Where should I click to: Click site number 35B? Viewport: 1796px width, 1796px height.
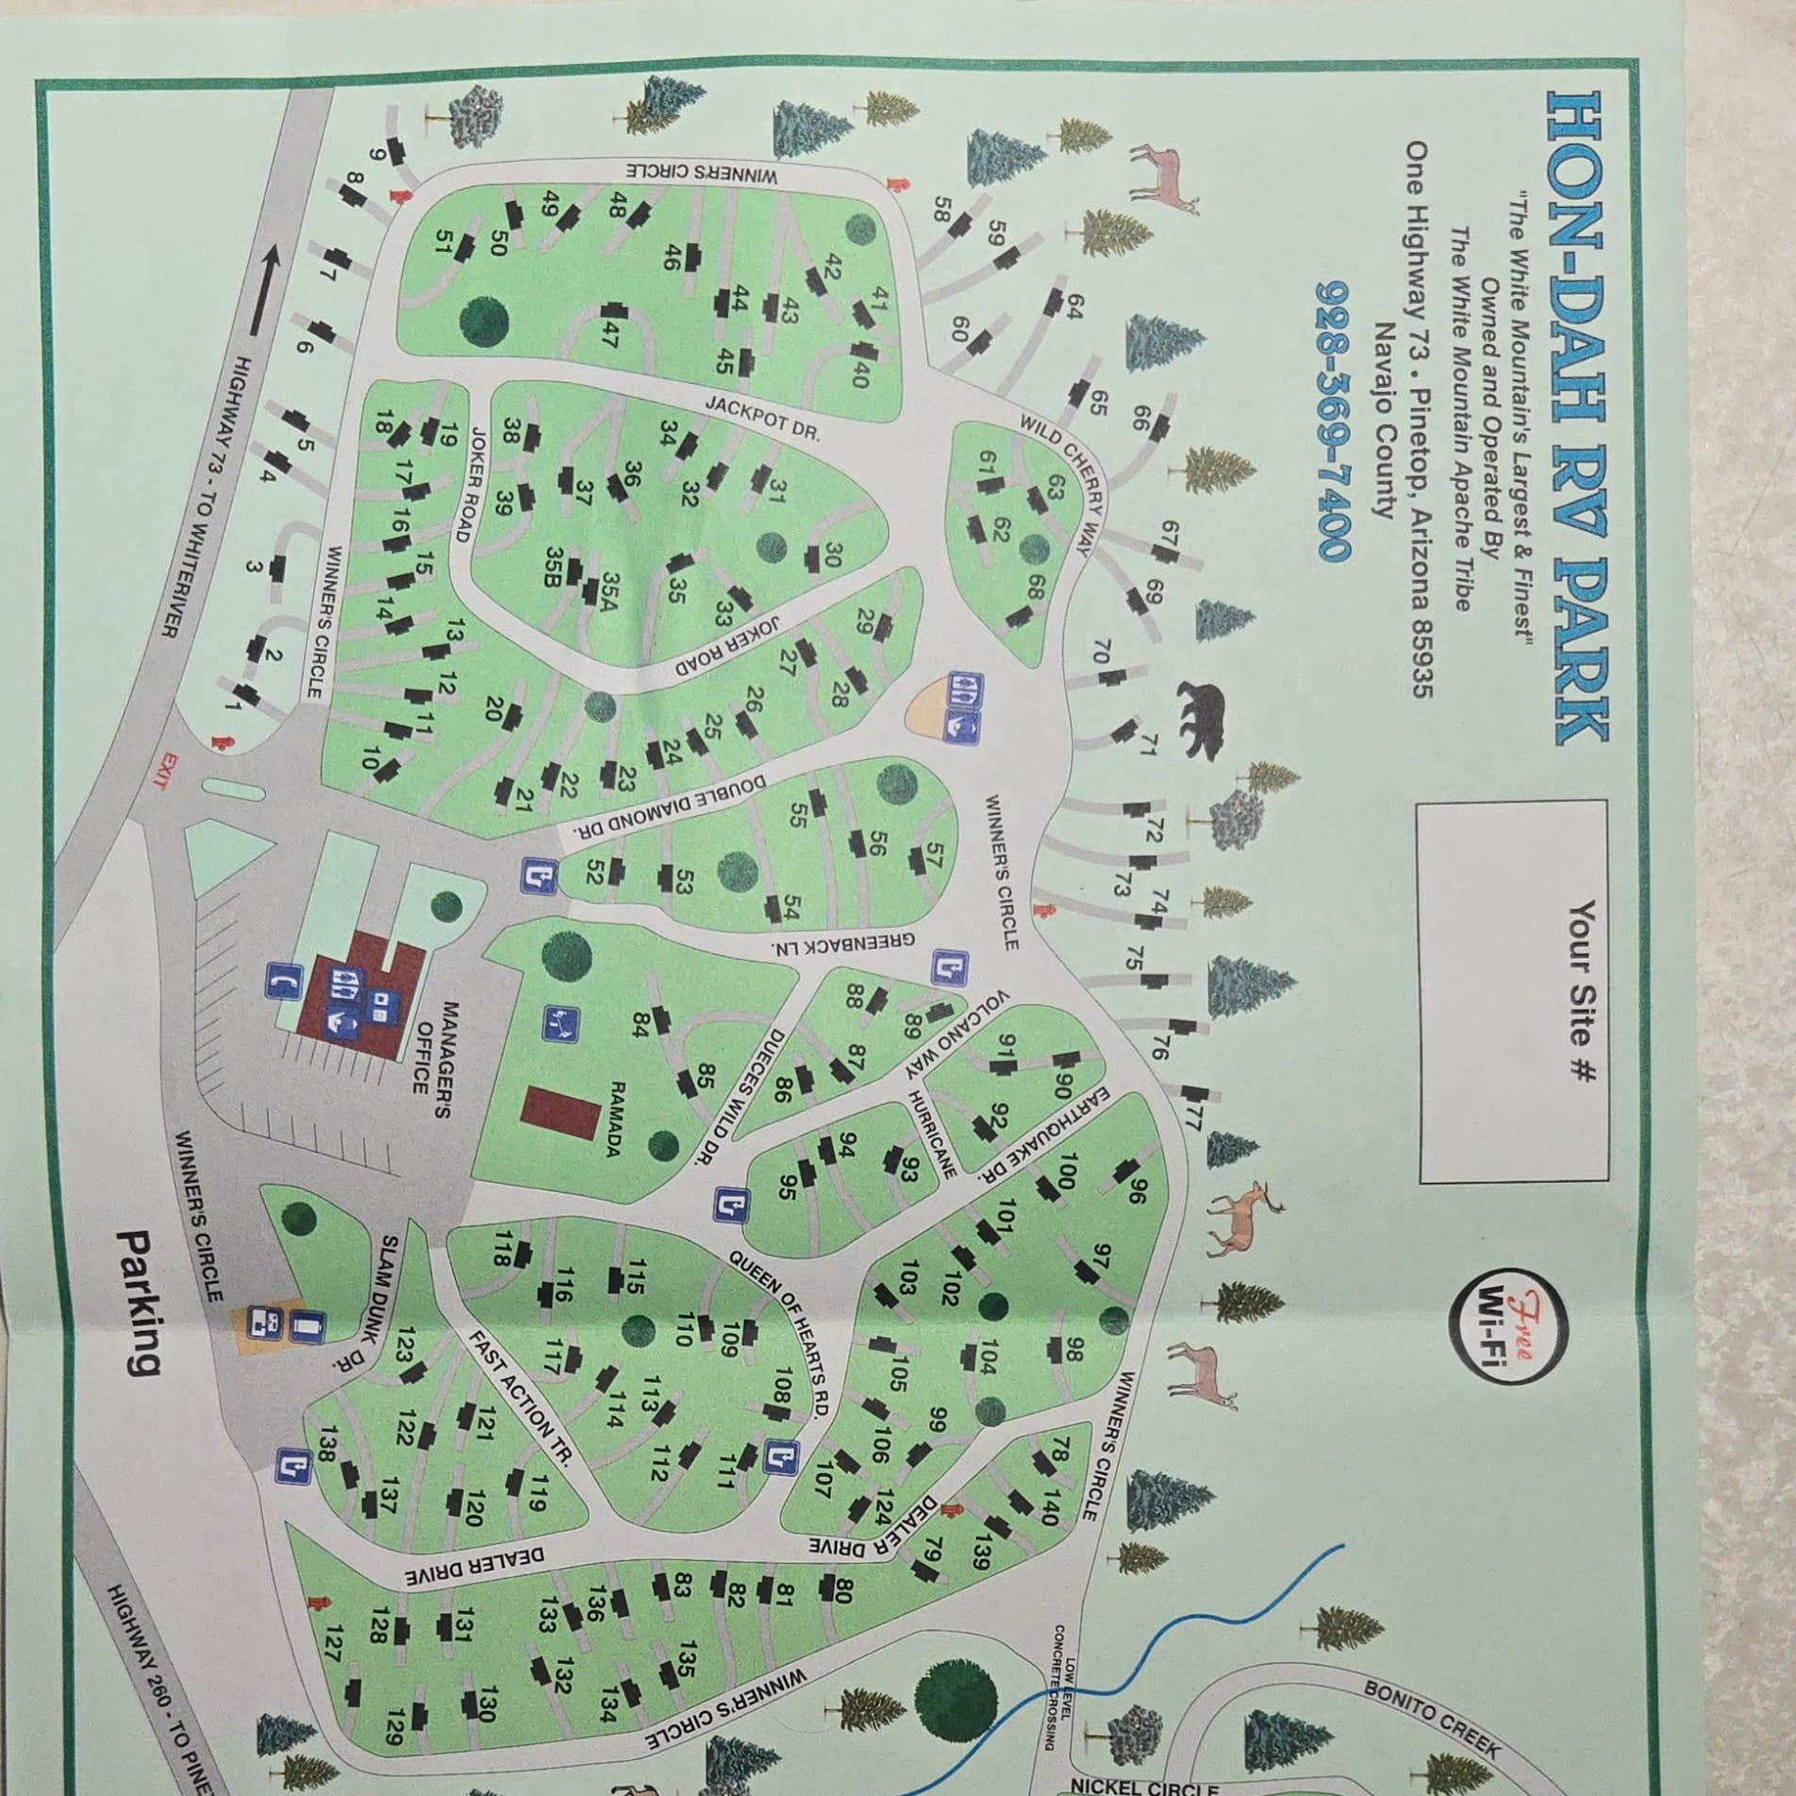tap(554, 567)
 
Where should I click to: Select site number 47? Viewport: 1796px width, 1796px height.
tap(608, 335)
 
